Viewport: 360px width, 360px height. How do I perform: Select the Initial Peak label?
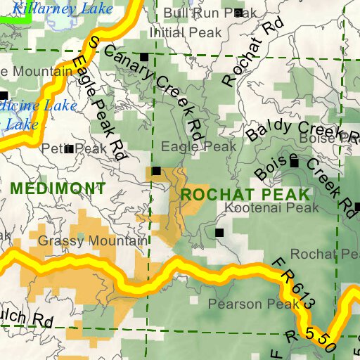pyautogui.click(x=186, y=32)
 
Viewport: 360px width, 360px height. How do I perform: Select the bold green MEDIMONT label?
pyautogui.click(x=58, y=188)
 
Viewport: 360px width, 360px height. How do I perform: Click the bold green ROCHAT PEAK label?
pyautogui.click(x=245, y=193)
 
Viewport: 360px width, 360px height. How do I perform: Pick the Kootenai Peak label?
pyautogui.click(x=271, y=208)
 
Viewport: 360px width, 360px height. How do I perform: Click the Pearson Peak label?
pyautogui.click(x=244, y=304)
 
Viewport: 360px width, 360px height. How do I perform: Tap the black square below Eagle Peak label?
pyautogui.click(x=156, y=170)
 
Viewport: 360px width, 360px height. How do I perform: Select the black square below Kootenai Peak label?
pyautogui.click(x=219, y=232)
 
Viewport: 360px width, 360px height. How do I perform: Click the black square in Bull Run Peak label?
pyautogui.click(x=238, y=13)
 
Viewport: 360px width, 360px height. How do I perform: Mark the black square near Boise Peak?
pyautogui.click(x=295, y=162)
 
